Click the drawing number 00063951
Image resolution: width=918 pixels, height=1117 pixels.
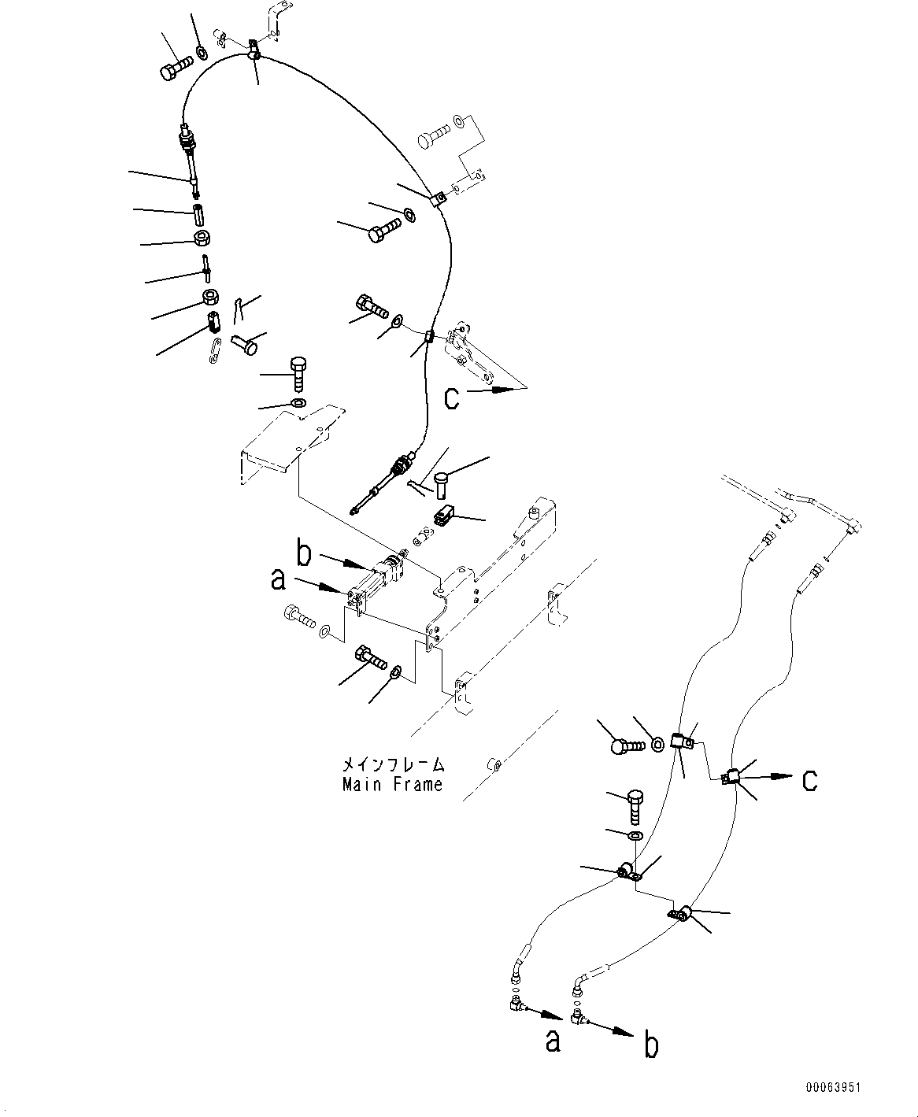pos(832,1088)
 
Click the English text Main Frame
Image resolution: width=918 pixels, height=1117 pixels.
pos(392,784)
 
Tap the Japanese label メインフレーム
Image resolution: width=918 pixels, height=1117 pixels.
pos(392,764)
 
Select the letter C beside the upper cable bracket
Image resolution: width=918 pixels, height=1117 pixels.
pos(451,398)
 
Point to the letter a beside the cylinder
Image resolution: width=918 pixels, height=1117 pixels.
pos(277,581)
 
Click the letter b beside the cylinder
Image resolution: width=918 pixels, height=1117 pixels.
pos(304,553)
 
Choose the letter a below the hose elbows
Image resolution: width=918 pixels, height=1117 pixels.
pos(553,1041)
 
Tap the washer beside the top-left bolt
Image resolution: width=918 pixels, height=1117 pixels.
pos(201,53)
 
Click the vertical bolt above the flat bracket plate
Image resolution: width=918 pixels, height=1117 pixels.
pos(298,373)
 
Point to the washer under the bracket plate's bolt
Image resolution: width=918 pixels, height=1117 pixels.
pos(298,404)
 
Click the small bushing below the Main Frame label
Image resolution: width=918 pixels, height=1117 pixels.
pos(493,763)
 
